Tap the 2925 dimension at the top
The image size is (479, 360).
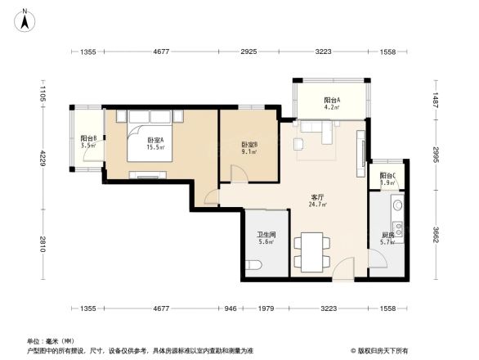249,52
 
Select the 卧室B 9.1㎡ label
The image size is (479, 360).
249,148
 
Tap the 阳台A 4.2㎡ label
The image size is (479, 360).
331,102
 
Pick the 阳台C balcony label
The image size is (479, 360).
388,179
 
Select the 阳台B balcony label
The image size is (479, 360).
88,142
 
